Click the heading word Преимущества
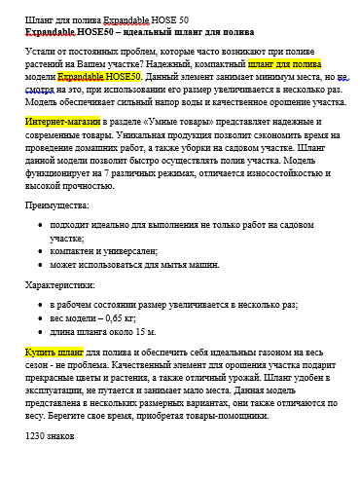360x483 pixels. click(56, 206)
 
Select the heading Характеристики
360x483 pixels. click(59, 285)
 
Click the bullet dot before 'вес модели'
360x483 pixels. click(40, 317)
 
